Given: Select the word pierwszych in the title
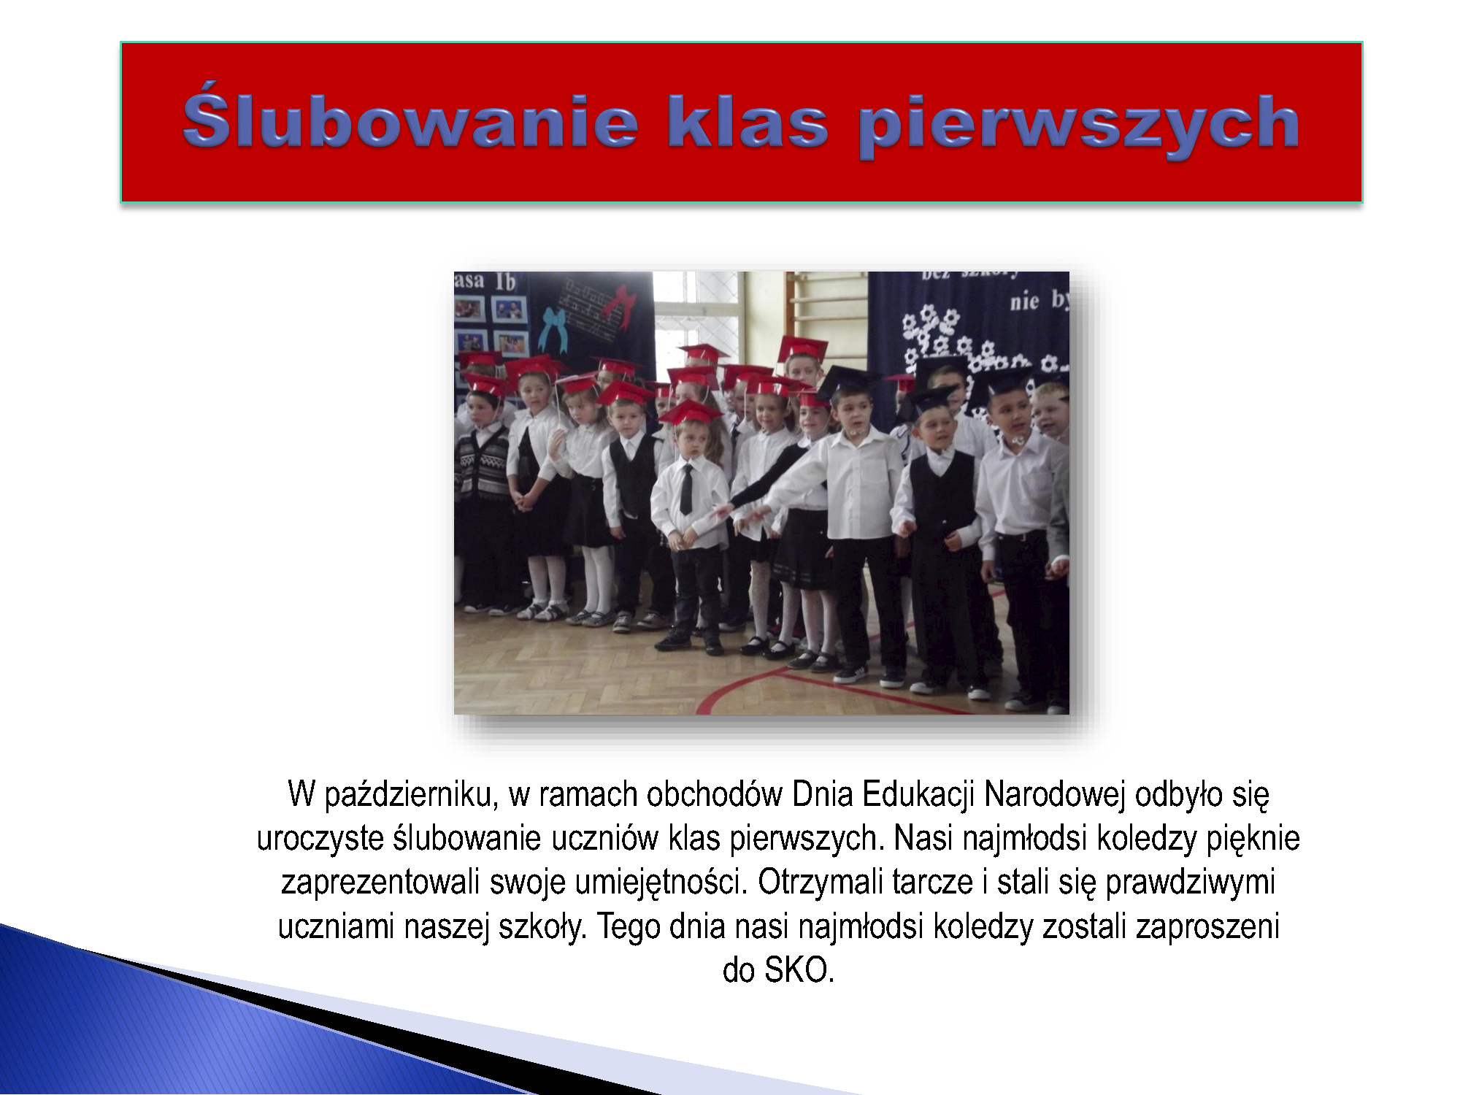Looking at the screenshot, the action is (1078, 125).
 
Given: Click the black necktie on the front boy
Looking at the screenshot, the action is (686, 489).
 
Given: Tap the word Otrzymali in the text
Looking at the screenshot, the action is (824, 883).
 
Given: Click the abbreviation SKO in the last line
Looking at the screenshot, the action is (799, 971).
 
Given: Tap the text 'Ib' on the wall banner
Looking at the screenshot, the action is (506, 282).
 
